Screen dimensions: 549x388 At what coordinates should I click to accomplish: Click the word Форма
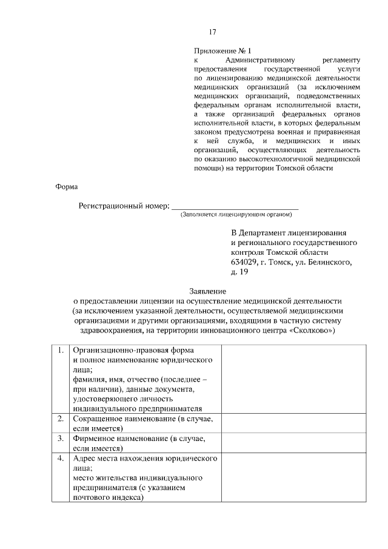tap(67, 187)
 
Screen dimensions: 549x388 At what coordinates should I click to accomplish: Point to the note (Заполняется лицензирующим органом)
tap(236, 215)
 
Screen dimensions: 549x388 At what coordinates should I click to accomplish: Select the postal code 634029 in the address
tap(244, 262)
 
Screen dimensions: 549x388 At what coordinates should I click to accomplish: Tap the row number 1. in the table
tap(61, 351)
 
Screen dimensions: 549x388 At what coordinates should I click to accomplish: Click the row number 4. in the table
tap(61, 458)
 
